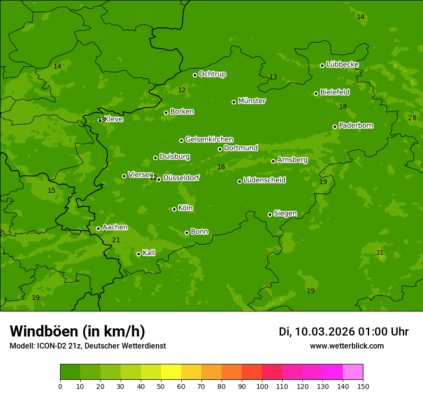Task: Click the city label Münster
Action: pyautogui.click(x=251, y=101)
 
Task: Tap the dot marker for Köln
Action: pyautogui.click(x=174, y=209)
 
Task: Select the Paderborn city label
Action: pyautogui.click(x=356, y=125)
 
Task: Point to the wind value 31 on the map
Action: pyautogui.click(x=380, y=252)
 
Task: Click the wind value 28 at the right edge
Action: pyautogui.click(x=412, y=118)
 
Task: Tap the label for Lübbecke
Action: pyautogui.click(x=342, y=64)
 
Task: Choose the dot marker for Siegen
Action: pyautogui.click(x=270, y=214)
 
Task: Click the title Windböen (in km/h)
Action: pyautogui.click(x=77, y=331)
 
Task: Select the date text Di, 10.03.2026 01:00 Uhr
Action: pyautogui.click(x=344, y=332)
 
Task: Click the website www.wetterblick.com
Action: pyautogui.click(x=347, y=346)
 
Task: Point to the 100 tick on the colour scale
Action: pyautogui.click(x=262, y=386)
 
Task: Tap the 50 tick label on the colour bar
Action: pyautogui.click(x=161, y=386)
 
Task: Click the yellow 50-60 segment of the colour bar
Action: pyautogui.click(x=171, y=372)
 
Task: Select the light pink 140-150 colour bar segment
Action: pyautogui.click(x=353, y=372)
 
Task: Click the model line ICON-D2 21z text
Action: pyautogui.click(x=87, y=346)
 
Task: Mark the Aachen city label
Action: pyautogui.click(x=115, y=227)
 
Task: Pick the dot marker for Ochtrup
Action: pyautogui.click(x=195, y=75)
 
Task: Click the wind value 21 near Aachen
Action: pyautogui.click(x=116, y=240)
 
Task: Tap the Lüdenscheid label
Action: pyautogui.click(x=264, y=180)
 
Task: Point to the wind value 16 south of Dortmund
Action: pyautogui.click(x=221, y=167)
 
